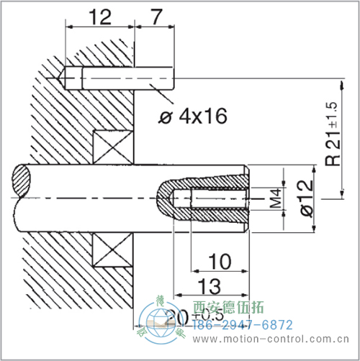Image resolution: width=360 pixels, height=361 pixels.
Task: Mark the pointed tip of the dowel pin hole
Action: (x=65, y=78)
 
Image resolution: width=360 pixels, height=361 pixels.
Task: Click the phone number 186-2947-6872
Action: (x=241, y=325)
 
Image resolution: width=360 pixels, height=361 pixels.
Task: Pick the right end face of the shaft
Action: (x=247, y=198)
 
